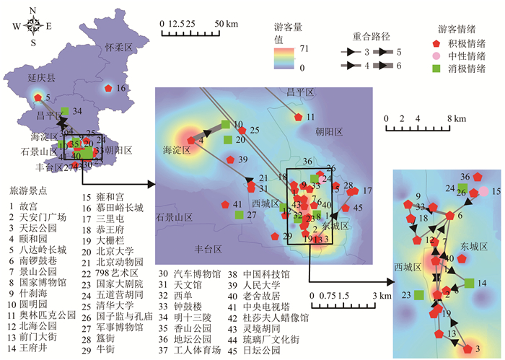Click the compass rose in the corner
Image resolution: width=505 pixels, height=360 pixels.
pyautogui.click(x=33, y=25)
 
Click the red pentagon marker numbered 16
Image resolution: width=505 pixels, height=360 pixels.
pyautogui.click(x=107, y=88)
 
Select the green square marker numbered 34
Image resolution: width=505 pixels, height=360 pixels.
pyautogui.click(x=65, y=110)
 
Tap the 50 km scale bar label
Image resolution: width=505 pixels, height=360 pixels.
pyautogui.click(x=227, y=25)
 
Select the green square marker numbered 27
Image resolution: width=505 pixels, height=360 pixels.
pyautogui.click(x=240, y=214)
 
